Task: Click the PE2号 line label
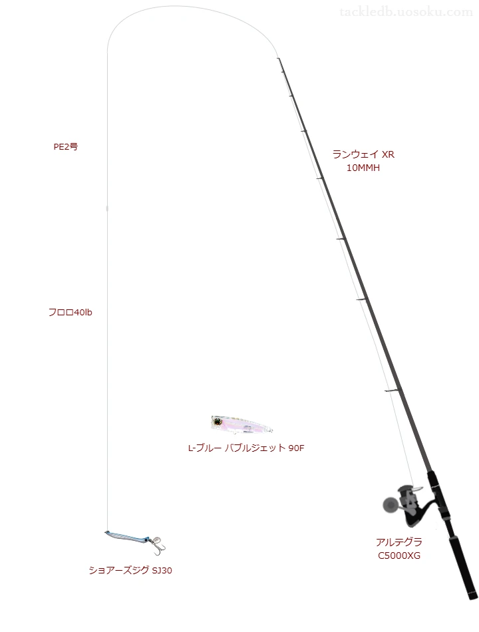[x=66, y=147]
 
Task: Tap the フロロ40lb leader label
[x=70, y=312]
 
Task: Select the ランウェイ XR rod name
[x=363, y=154]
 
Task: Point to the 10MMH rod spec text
[x=363, y=168]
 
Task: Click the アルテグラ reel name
[x=399, y=542]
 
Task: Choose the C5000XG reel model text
[x=399, y=555]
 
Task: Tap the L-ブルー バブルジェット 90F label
[x=246, y=448]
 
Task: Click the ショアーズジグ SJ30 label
[x=130, y=570]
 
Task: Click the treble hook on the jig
[x=158, y=545]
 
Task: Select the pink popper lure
[x=241, y=425]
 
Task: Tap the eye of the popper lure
[x=218, y=422]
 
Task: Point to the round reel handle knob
[x=390, y=505]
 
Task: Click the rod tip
[x=278, y=59]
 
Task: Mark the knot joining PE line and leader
[x=107, y=208]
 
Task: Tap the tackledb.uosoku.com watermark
[x=406, y=12]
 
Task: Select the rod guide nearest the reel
[x=392, y=391]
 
